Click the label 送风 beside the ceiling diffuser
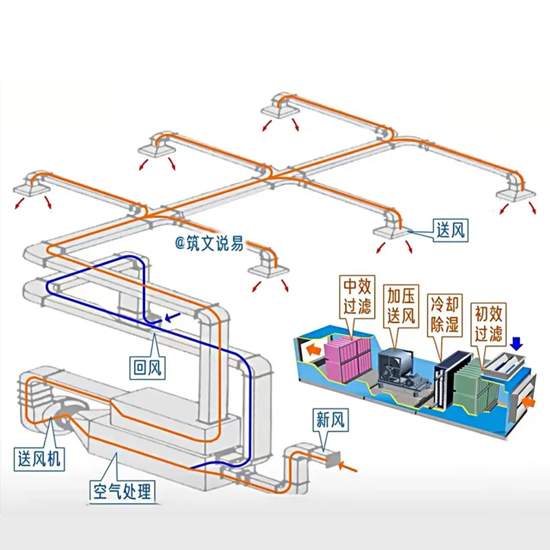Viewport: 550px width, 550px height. click(450, 230)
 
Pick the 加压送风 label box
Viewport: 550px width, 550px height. click(401, 306)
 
